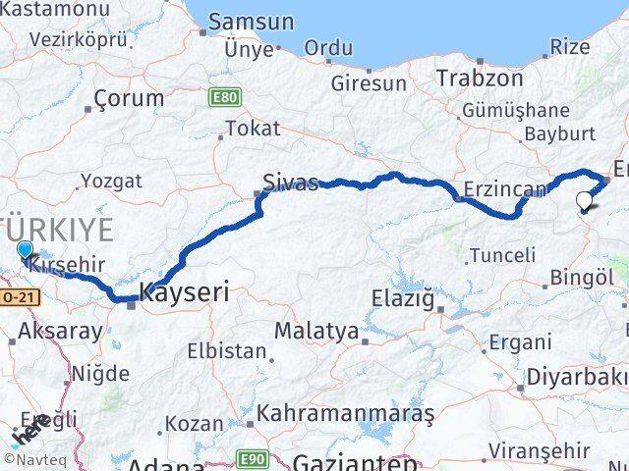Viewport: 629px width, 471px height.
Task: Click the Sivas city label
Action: click(290, 182)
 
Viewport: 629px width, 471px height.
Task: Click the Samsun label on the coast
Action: click(251, 22)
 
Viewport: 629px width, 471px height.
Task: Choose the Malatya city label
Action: click(316, 331)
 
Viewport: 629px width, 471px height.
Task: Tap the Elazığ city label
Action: click(403, 297)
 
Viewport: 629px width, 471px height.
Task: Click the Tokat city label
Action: click(253, 128)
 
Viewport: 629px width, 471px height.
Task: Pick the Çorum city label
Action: click(128, 98)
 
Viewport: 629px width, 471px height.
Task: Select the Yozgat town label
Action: click(111, 181)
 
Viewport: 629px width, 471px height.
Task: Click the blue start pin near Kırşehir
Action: click(26, 252)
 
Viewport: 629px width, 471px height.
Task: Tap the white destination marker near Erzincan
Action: click(585, 202)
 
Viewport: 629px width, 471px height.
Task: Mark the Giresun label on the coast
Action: click(369, 83)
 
